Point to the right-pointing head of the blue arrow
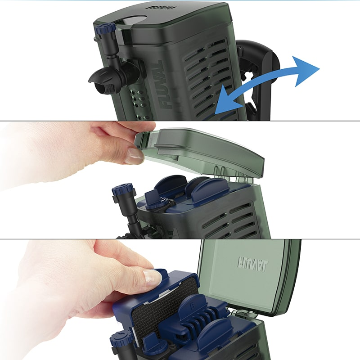point(306,71)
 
